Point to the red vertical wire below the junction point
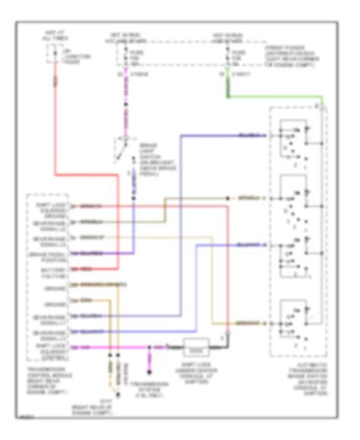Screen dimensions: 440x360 coord(55,152)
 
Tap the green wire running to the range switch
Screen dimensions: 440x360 coord(273,97)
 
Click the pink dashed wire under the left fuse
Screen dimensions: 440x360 coord(122,103)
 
